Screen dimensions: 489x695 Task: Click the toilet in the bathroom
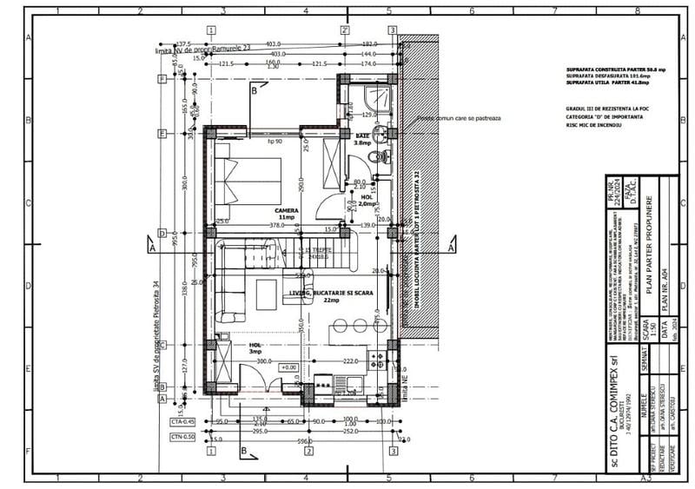376,157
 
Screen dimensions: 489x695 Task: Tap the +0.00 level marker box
288,367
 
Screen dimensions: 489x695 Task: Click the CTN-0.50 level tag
181,436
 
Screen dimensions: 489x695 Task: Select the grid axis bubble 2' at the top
345,29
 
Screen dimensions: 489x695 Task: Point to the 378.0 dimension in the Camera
276,225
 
